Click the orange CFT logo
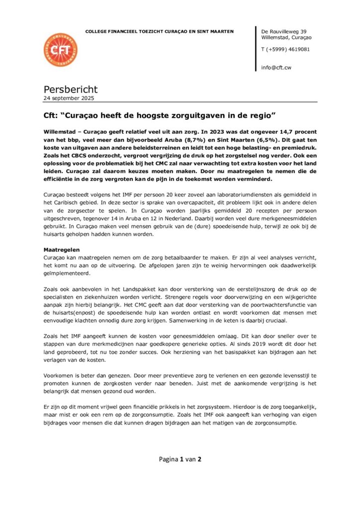(x=60, y=50)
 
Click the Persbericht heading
(x=71, y=89)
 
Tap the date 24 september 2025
(x=69, y=98)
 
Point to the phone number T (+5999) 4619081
(x=285, y=49)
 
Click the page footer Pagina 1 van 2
(x=180, y=459)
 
